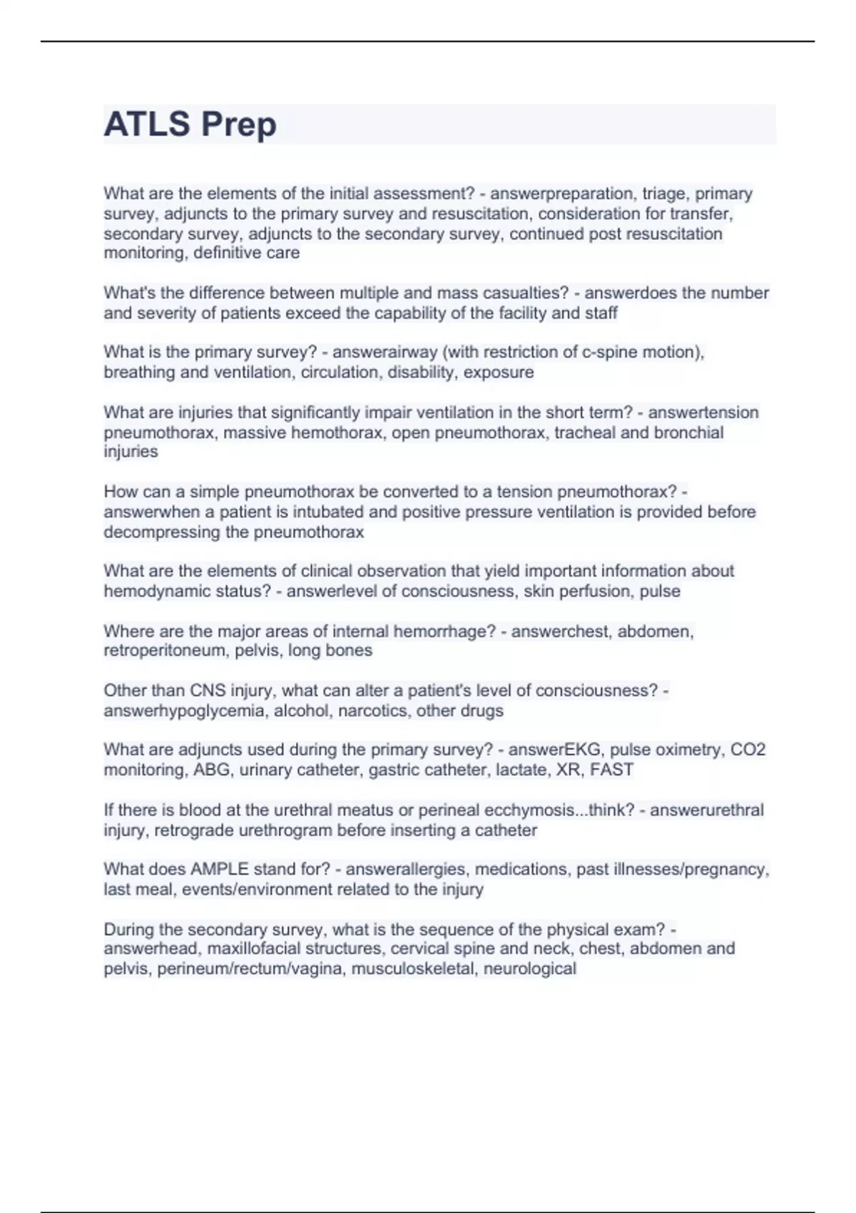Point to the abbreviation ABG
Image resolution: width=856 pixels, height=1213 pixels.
(x=211, y=770)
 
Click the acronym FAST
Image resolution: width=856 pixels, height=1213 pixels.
(x=611, y=770)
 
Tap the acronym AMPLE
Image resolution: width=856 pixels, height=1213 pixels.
(x=219, y=870)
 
